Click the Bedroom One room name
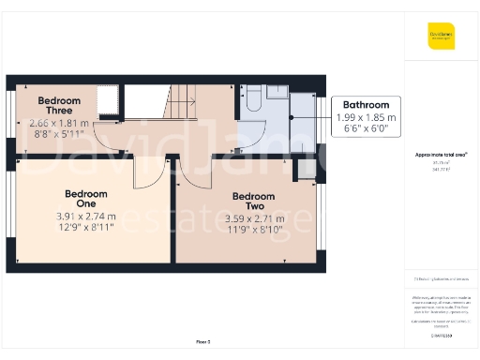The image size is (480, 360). pyautogui.click(x=86, y=199)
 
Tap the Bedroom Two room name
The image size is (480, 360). pyautogui.click(x=248, y=202)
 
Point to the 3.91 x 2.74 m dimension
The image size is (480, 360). pyautogui.click(x=85, y=217)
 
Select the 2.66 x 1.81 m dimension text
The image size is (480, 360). pyautogui.click(x=59, y=123)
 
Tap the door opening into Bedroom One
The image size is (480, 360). pyautogui.click(x=147, y=172)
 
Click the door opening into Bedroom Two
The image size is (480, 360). pyautogui.click(x=188, y=172)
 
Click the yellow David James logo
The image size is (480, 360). pyautogui.click(x=441, y=37)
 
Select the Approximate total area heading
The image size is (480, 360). pyautogui.click(x=441, y=154)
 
